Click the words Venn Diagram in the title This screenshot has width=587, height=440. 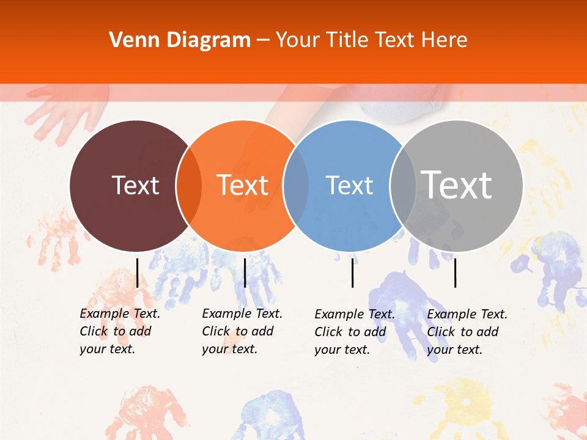click(180, 40)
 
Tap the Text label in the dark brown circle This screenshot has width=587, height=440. click(135, 185)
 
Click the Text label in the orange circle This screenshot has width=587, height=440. click(243, 185)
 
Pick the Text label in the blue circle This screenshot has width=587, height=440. click(349, 185)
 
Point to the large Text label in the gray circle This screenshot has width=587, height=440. click(457, 185)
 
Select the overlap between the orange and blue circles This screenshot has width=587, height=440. click(296, 186)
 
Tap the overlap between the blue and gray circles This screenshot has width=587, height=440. click(402, 186)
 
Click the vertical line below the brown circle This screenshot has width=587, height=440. click(137, 273)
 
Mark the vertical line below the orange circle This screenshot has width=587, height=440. click(245, 273)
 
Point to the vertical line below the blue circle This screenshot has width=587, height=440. click(352, 273)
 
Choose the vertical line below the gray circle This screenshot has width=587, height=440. click(455, 273)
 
